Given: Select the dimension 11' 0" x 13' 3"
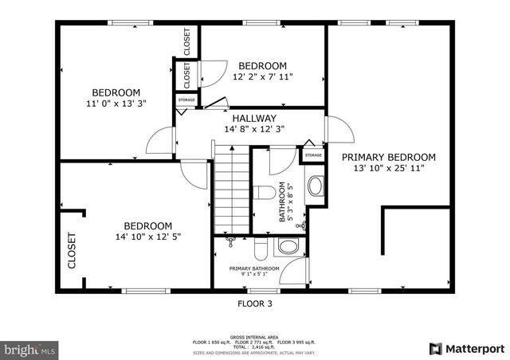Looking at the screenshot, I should [116, 103].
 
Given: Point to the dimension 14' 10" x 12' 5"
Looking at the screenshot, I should [148, 236].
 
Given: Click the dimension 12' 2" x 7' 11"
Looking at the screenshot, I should [262, 77].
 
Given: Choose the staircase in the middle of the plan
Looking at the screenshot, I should [233, 190].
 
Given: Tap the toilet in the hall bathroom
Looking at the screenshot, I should [281, 191].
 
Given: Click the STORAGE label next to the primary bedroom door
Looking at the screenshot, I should [313, 155].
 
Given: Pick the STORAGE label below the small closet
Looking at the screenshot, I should [186, 100].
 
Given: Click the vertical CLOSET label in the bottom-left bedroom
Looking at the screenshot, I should [72, 250].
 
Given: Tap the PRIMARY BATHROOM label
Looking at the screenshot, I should [254, 268].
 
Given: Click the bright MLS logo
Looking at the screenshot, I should [29, 349].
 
